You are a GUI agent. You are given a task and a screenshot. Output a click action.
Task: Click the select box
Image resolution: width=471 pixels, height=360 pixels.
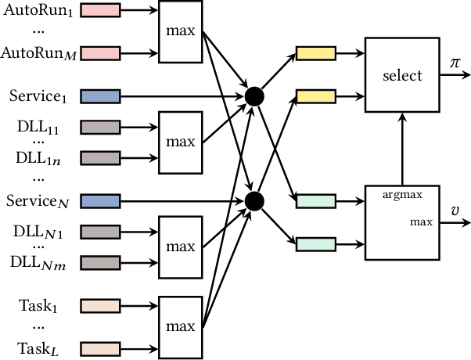pyautogui.click(x=402, y=76)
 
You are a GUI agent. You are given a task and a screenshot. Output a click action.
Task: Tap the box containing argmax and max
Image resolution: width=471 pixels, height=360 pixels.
pyautogui.click(x=402, y=222)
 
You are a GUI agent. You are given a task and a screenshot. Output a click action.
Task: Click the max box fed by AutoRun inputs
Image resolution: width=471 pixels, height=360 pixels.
pyautogui.click(x=180, y=32)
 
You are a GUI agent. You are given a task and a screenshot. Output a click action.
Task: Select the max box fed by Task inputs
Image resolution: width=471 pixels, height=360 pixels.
pyautogui.click(x=180, y=325)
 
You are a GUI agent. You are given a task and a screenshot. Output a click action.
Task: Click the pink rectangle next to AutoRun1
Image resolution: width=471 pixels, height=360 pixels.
pyautogui.click(x=99, y=10)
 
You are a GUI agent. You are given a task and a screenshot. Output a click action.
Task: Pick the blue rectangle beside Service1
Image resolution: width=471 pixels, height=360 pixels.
pyautogui.click(x=99, y=96)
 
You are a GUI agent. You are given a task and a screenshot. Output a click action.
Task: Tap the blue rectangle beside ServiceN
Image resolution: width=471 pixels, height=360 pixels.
pyautogui.click(x=99, y=201)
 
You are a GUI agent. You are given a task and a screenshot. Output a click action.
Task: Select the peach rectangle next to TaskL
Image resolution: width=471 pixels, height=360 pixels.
pyautogui.click(x=99, y=347)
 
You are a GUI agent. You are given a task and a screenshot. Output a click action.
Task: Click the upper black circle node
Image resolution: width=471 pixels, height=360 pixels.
pyautogui.click(x=253, y=96)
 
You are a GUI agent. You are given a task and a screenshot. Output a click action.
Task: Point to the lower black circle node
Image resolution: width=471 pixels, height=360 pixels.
pyautogui.click(x=253, y=201)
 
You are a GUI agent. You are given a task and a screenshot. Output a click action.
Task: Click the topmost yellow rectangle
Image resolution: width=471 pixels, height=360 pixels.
pyautogui.click(x=316, y=54)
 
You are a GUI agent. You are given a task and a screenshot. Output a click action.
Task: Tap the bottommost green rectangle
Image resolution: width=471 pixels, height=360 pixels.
pyautogui.click(x=316, y=244)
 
